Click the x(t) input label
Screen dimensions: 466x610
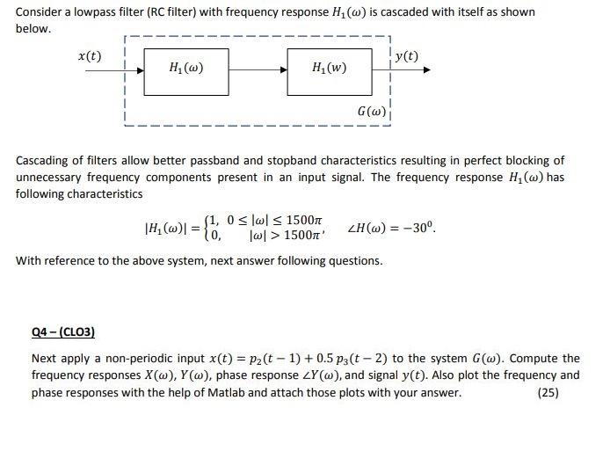pyautogui.click(x=90, y=55)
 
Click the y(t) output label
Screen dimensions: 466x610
pyautogui.click(x=406, y=56)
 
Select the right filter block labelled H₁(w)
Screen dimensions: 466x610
pyautogui.click(x=329, y=68)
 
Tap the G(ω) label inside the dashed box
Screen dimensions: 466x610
pyautogui.click(x=370, y=113)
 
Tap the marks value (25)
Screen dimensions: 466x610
pyautogui.click(x=547, y=392)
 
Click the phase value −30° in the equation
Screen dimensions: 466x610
pyautogui.click(x=417, y=229)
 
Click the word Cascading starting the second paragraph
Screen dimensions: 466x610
pyautogui.click(x=43, y=161)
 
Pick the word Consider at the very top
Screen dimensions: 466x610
pyautogui.click(x=40, y=12)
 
